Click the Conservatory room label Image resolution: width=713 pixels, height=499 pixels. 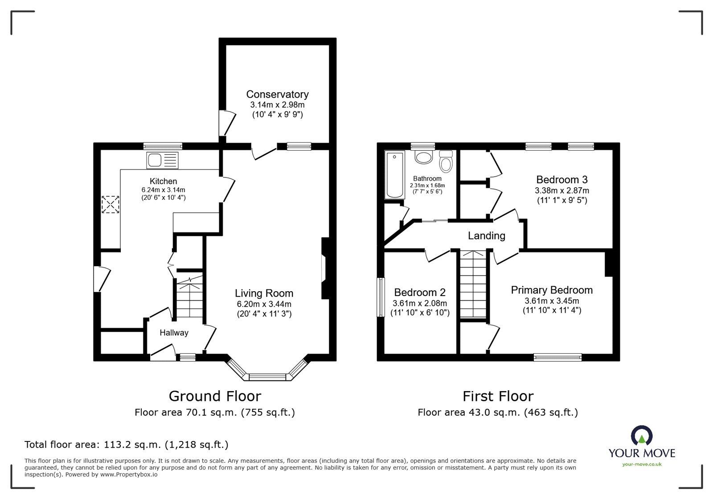(x=277, y=94)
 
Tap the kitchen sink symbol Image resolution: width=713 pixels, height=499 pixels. (x=162, y=160)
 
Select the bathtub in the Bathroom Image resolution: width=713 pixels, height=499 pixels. (x=394, y=174)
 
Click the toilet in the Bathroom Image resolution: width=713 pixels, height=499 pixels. (x=445, y=161)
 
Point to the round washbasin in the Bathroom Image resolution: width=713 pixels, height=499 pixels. (x=423, y=157)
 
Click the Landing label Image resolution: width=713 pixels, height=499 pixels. (x=486, y=235)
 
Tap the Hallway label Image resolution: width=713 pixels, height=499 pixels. (x=174, y=333)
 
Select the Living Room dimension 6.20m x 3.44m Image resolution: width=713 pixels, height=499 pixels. (x=264, y=304)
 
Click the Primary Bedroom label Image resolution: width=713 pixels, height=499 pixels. (x=552, y=290)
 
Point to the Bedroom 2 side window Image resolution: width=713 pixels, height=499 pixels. (x=381, y=297)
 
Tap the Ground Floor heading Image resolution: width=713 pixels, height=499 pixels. (x=215, y=396)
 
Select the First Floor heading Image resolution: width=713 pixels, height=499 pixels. (x=498, y=396)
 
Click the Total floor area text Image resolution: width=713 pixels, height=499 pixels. (x=126, y=445)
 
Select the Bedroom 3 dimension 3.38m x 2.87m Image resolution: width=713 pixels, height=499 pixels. (x=561, y=190)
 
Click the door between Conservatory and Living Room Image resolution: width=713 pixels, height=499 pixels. (x=264, y=152)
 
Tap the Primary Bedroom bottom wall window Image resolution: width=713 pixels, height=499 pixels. (x=557, y=357)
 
